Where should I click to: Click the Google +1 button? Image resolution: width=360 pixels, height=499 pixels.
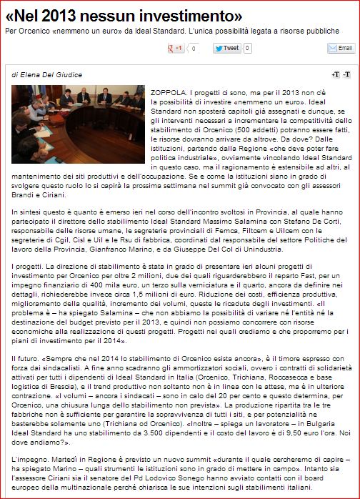click(x=175, y=49)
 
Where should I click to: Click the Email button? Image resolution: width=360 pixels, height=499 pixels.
click(x=341, y=49)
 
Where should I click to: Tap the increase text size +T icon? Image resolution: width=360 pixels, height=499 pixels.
click(x=336, y=75)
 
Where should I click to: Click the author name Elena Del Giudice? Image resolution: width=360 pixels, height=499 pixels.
click(x=49, y=74)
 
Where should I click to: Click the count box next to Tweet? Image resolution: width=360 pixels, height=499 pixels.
click(x=247, y=49)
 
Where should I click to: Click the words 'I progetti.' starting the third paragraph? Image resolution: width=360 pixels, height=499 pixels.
click(x=28, y=266)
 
